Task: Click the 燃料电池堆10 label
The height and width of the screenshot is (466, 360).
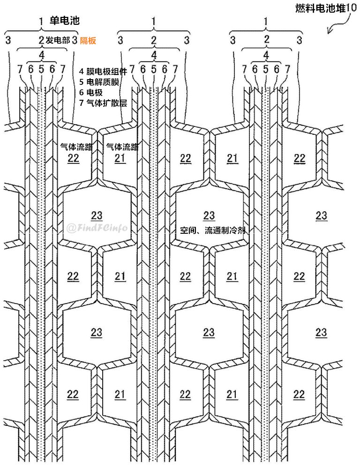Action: coord(322,8)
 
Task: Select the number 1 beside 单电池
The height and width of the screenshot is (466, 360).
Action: coord(41,21)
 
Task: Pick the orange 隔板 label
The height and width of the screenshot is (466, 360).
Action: coord(88,40)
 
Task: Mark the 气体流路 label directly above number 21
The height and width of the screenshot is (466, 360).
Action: coord(122,147)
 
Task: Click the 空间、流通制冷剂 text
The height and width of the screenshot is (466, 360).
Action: coord(213,230)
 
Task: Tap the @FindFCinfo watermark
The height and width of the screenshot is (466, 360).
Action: coord(97,228)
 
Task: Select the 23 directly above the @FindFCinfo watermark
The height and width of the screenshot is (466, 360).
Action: coord(96,215)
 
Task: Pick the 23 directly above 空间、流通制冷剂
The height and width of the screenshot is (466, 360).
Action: coord(209,215)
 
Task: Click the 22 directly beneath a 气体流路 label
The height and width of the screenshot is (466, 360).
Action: coord(73,158)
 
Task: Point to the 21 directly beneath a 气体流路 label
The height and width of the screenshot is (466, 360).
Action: coord(120,158)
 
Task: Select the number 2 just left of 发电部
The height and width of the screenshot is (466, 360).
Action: coord(41,40)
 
